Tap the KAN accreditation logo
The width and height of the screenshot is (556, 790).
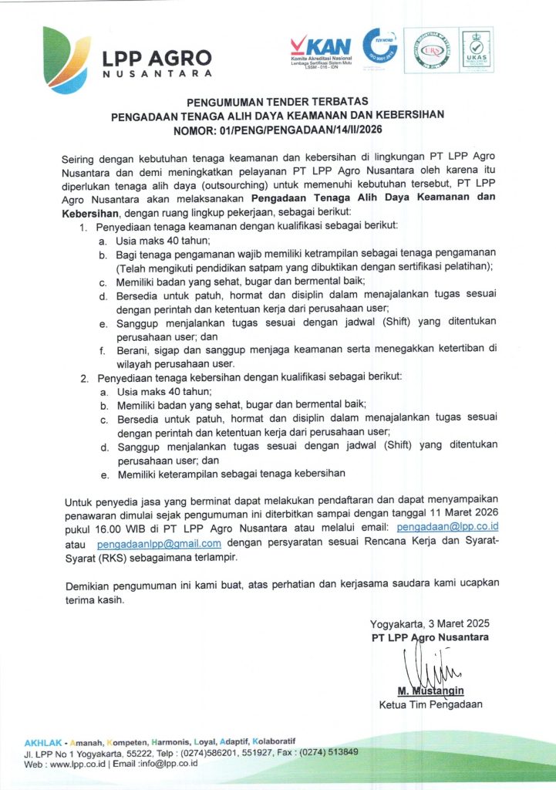(320, 52)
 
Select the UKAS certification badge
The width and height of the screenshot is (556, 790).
(476, 50)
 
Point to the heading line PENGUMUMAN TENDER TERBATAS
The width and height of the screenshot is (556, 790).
(278, 102)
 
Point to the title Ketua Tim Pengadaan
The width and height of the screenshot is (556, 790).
(430, 704)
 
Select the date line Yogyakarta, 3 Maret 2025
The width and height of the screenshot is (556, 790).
(430, 623)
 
